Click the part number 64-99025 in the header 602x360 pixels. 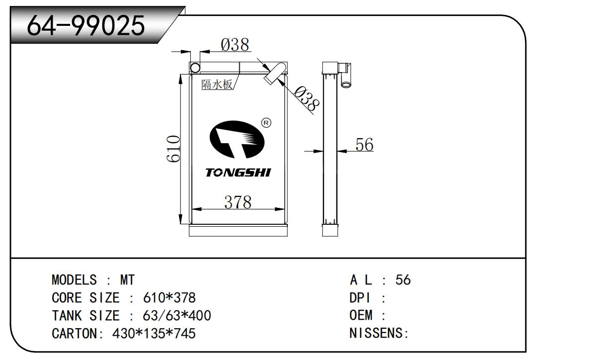point(86,26)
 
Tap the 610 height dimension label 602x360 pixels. point(173,149)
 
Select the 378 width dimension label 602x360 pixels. point(238,202)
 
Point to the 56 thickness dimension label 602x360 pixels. point(364,144)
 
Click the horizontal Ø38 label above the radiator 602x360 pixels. point(235,45)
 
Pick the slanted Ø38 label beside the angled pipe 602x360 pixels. point(306,98)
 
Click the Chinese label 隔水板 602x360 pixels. point(217,85)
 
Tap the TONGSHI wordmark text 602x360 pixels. point(238,173)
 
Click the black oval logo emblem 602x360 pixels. point(237,139)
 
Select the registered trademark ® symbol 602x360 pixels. point(266,123)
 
